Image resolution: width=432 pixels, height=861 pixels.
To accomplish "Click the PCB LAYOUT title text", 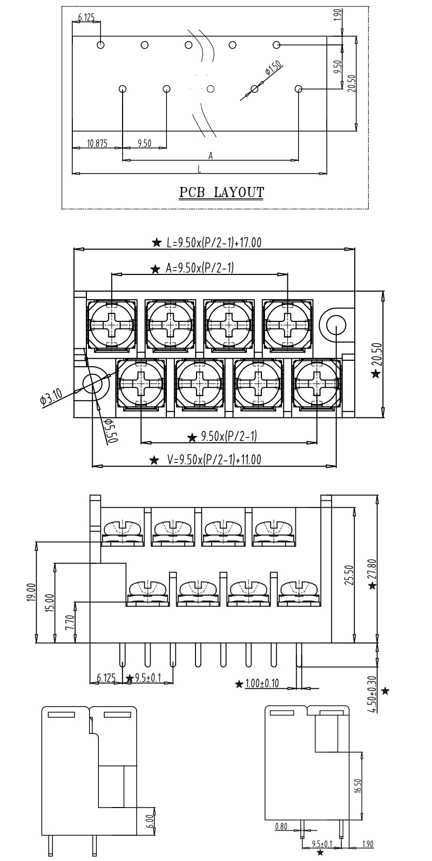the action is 222,192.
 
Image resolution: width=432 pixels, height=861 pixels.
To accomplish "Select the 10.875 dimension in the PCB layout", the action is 97,143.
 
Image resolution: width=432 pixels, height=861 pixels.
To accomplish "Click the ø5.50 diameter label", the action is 110,431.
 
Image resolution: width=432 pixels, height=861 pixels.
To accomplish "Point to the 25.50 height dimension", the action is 348,575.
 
